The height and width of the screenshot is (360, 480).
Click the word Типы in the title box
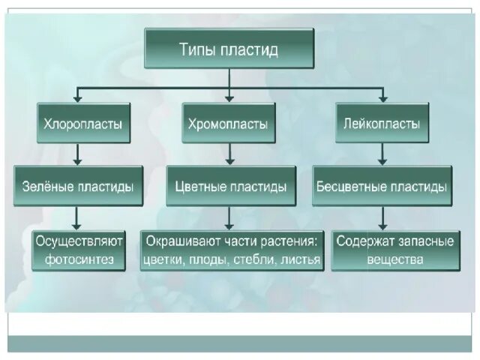coord(199,50)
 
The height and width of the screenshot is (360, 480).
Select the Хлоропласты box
coord(83,123)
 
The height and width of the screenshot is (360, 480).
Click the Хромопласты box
coord(229,123)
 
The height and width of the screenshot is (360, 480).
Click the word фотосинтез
coord(79,260)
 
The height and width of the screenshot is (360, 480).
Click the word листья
coord(299,261)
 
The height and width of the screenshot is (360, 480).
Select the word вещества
coord(394,260)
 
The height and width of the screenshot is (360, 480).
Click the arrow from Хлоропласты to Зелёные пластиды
coord(77,154)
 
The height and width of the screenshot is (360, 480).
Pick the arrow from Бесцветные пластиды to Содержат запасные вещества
coord(382,217)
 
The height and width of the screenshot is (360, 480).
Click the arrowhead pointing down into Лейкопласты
coord(382,97)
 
